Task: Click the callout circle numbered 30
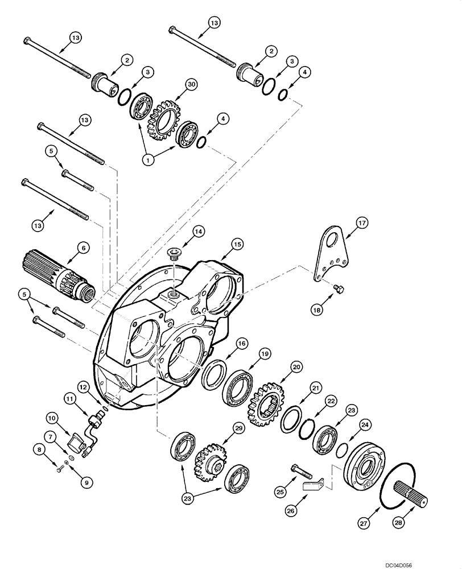191,84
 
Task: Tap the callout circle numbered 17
362,222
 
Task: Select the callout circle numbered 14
197,231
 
